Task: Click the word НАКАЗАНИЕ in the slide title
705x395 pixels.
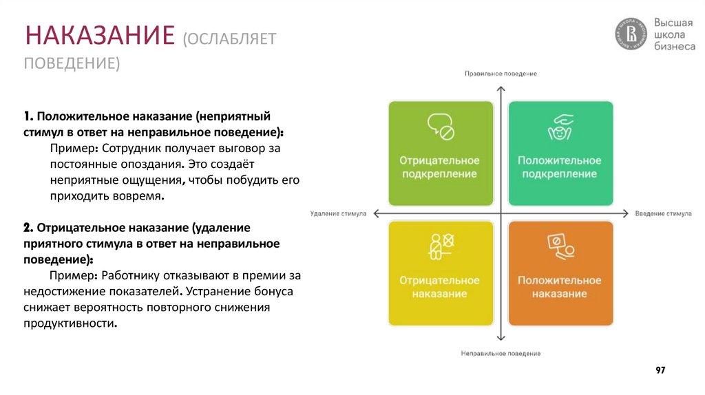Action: (x=99, y=34)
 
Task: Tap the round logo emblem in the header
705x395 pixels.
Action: (x=631, y=34)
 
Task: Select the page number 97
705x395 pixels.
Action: (x=660, y=370)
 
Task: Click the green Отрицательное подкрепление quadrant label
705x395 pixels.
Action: (x=440, y=167)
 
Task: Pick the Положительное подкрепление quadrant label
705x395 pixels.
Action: (x=559, y=167)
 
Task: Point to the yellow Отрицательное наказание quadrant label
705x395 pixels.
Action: (x=440, y=287)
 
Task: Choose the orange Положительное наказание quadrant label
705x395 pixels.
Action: (x=559, y=287)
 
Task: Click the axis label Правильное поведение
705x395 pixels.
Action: (x=501, y=74)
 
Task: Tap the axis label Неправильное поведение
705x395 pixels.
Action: (x=501, y=353)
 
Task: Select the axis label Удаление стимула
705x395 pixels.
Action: (x=338, y=213)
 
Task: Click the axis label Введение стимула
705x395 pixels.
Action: (x=663, y=213)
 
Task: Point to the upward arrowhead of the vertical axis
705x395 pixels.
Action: (x=501, y=89)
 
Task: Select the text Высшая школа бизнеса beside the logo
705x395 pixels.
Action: (x=674, y=34)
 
